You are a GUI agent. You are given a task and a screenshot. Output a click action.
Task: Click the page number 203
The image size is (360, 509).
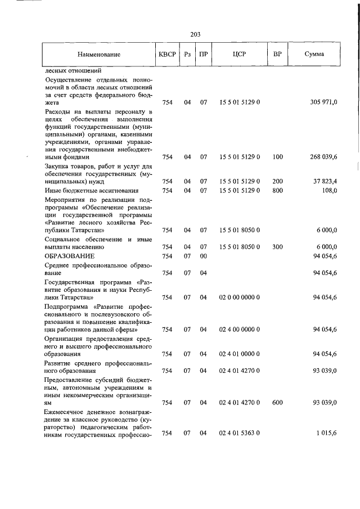click(x=196, y=34)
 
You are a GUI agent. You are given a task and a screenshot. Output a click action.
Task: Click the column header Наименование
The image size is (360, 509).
click(x=99, y=55)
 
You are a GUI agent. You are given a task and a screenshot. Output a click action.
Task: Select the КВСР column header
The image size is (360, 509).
click(x=167, y=55)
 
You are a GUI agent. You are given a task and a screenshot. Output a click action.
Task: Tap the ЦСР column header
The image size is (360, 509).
click(x=239, y=55)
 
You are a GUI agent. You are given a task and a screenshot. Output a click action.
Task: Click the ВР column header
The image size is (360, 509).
click(x=277, y=55)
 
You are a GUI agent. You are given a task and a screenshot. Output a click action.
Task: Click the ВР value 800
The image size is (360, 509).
click(x=277, y=191)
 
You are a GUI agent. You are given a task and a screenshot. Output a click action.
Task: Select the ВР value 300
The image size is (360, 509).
click(x=277, y=247)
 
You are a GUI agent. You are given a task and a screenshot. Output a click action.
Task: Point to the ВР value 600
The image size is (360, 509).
click(x=277, y=403)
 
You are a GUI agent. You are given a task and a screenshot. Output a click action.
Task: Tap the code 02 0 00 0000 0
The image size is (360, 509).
click(x=239, y=297)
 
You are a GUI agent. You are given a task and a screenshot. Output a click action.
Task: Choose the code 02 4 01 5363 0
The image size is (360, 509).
click(x=239, y=433)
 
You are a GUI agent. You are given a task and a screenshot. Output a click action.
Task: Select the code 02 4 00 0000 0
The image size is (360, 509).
click(x=239, y=330)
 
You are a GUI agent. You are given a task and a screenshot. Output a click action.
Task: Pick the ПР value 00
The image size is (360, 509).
click(x=204, y=256)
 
